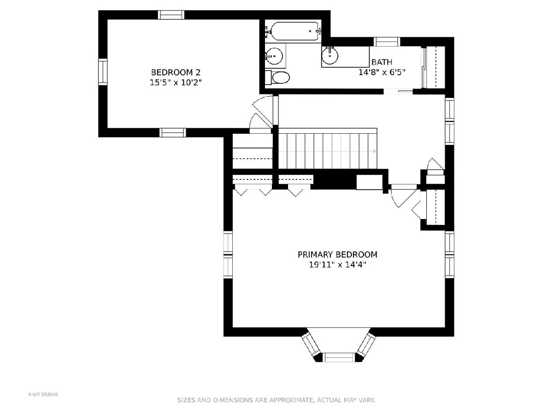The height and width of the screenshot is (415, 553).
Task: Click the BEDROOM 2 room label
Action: point(176,72)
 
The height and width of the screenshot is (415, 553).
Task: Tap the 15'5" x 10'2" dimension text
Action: point(176,83)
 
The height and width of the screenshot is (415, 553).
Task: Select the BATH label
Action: point(382,62)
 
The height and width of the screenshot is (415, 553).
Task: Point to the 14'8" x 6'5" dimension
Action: point(382,72)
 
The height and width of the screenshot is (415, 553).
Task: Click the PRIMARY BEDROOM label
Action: point(337,255)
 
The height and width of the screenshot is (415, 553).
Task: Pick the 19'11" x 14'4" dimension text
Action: point(337,265)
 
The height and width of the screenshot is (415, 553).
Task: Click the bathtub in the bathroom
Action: point(294,31)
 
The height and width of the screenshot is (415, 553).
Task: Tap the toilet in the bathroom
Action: point(277,77)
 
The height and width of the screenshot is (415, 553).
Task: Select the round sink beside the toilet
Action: point(274,56)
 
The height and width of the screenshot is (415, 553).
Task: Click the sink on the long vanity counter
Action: point(329,55)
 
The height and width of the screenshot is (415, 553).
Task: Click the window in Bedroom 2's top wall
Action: point(171,15)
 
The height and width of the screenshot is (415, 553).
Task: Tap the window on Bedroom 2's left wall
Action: point(103,72)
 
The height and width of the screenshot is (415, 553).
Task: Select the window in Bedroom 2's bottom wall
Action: point(173,132)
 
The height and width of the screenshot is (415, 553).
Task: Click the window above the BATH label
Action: point(387,41)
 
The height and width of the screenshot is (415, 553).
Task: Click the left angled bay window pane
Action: point(311,344)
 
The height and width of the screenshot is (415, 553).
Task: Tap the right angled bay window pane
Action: point(366,344)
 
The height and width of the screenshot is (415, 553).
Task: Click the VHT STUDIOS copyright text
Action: point(43,394)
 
